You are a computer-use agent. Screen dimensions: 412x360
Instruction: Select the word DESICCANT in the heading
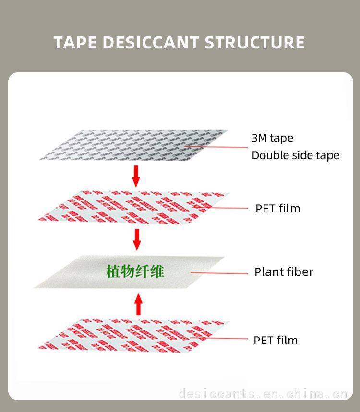tap(151, 42)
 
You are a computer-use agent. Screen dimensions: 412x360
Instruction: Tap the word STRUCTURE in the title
tap(255, 42)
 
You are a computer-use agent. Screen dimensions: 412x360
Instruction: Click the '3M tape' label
tap(272, 138)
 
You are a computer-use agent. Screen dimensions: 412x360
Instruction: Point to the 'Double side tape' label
tap(295, 155)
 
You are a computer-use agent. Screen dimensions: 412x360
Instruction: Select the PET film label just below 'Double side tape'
tap(277, 208)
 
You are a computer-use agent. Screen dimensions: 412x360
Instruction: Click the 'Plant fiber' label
tap(284, 272)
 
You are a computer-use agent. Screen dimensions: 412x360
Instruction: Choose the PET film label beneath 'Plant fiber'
tap(276, 341)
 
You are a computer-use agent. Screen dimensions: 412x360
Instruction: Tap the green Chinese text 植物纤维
tap(135, 271)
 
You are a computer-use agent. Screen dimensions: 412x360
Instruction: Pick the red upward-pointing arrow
tap(138, 305)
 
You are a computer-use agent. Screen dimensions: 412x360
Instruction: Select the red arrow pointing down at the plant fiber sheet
tap(137, 239)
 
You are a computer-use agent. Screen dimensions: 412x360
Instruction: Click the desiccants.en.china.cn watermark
tap(262, 394)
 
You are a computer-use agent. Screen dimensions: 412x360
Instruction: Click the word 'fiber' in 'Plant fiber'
tap(300, 272)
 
